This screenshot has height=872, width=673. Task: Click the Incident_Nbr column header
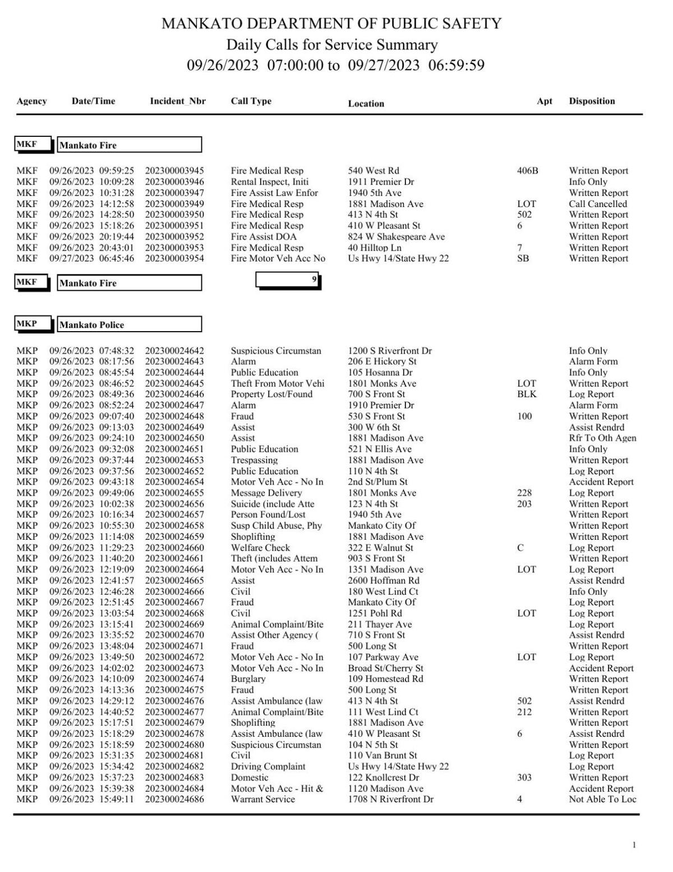point(178,102)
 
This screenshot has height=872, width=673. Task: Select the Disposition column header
point(592,102)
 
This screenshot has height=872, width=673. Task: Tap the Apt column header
point(544,102)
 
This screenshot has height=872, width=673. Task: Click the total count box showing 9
point(288,279)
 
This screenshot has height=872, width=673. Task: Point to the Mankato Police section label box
point(130,324)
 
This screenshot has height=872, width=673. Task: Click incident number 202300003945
point(174,171)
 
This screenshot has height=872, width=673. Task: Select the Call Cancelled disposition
point(598,204)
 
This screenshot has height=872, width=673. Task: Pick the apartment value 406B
point(527,171)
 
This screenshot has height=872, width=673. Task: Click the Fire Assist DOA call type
point(264,237)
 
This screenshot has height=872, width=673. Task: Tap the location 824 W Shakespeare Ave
point(396,237)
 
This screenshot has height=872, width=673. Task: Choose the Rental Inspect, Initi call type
point(270,182)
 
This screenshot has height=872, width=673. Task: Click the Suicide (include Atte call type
point(273,504)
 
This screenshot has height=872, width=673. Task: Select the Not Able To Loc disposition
point(602,799)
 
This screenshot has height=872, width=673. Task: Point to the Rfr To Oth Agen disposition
point(602,438)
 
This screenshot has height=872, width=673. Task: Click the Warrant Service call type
point(262,799)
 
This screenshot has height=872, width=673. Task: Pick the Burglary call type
point(248,679)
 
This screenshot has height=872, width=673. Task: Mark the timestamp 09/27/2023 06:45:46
point(91,259)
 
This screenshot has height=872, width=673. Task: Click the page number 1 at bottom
point(634,845)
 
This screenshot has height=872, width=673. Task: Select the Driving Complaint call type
point(268,767)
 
